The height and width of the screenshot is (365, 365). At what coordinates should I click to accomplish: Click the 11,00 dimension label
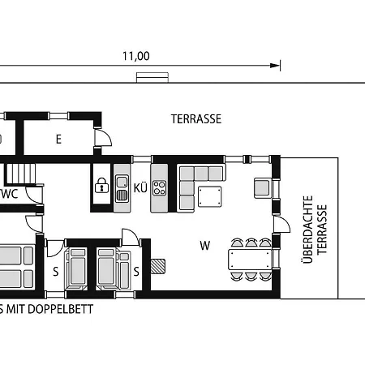click(136, 56)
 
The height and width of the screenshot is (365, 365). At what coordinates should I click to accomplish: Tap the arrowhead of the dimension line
click(275, 66)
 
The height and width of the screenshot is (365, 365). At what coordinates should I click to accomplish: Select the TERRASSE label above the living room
click(196, 119)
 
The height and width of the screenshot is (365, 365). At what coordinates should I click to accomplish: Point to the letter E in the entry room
click(58, 140)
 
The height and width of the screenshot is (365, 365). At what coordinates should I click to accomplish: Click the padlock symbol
click(101, 185)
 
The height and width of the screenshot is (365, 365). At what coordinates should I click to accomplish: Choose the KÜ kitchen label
click(140, 188)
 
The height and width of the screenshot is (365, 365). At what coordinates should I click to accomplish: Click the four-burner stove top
click(160, 188)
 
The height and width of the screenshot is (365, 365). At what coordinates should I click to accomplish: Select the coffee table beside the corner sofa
click(210, 196)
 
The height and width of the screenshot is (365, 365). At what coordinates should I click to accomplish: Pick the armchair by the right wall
click(262, 187)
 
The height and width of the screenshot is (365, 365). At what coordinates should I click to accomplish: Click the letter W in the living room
click(205, 246)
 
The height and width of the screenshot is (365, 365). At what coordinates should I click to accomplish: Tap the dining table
click(250, 260)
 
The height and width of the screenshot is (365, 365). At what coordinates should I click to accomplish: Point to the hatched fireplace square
click(157, 266)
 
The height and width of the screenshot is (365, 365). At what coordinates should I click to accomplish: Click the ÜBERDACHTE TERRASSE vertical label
click(314, 230)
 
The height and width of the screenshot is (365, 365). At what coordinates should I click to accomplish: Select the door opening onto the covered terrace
click(281, 224)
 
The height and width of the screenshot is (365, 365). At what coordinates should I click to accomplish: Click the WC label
click(10, 194)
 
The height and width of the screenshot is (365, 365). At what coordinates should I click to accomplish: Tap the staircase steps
click(21, 174)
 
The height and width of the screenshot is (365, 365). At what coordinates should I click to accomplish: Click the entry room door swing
click(103, 138)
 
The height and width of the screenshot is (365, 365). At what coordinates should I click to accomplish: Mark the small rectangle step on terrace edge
click(152, 77)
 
